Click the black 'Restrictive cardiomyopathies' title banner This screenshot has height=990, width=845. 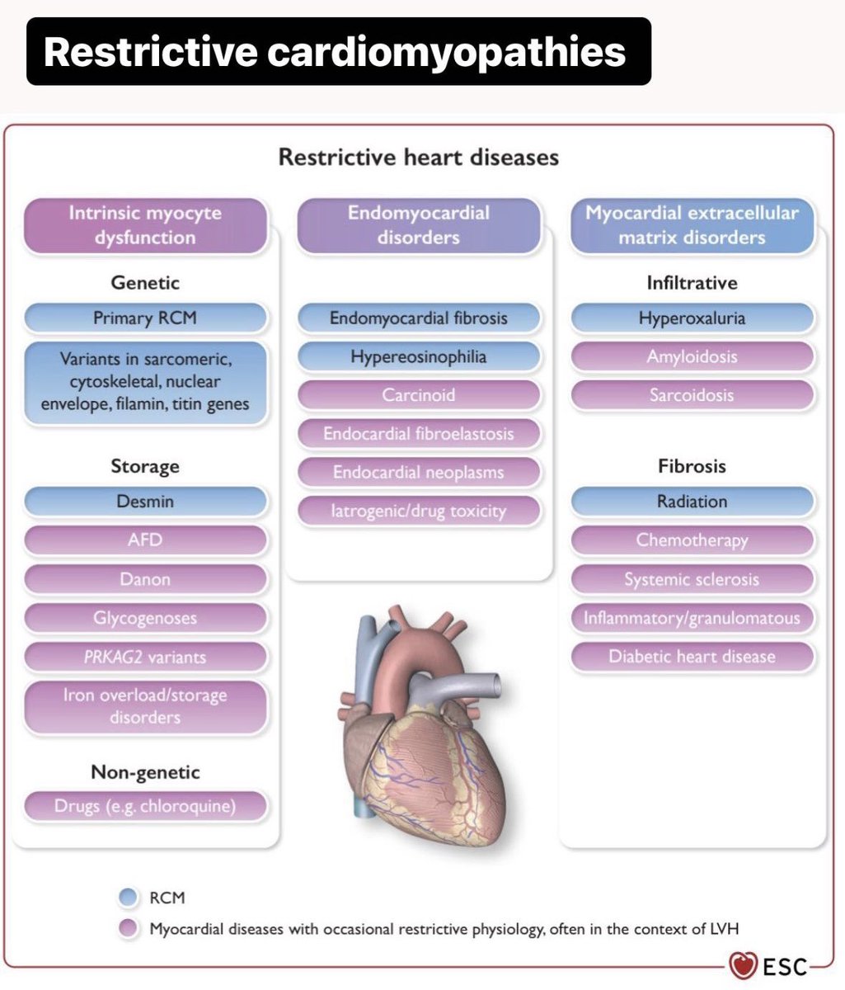(338, 51)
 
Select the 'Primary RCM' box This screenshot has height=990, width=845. (145, 318)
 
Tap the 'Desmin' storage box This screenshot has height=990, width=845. (145, 502)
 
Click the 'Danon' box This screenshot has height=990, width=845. (145, 579)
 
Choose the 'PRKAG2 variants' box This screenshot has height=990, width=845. (145, 658)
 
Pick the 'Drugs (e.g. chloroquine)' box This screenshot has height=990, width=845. (145, 806)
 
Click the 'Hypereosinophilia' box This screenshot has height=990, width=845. (419, 357)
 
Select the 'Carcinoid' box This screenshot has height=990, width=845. (419, 395)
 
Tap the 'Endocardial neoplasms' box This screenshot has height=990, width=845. (419, 473)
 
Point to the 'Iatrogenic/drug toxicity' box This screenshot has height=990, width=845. (419, 511)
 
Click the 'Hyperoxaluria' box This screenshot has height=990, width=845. (692, 318)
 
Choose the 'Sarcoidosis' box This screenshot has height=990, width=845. (692, 395)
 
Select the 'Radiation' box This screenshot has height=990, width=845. (692, 502)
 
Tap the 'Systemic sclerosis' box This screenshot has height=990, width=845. (692, 579)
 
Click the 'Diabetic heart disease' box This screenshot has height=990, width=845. (692, 658)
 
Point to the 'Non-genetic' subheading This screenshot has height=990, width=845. (145, 772)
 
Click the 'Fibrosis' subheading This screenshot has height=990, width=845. (692, 466)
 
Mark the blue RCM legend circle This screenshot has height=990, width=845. (128, 898)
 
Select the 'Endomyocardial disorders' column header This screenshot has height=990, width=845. (419, 225)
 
